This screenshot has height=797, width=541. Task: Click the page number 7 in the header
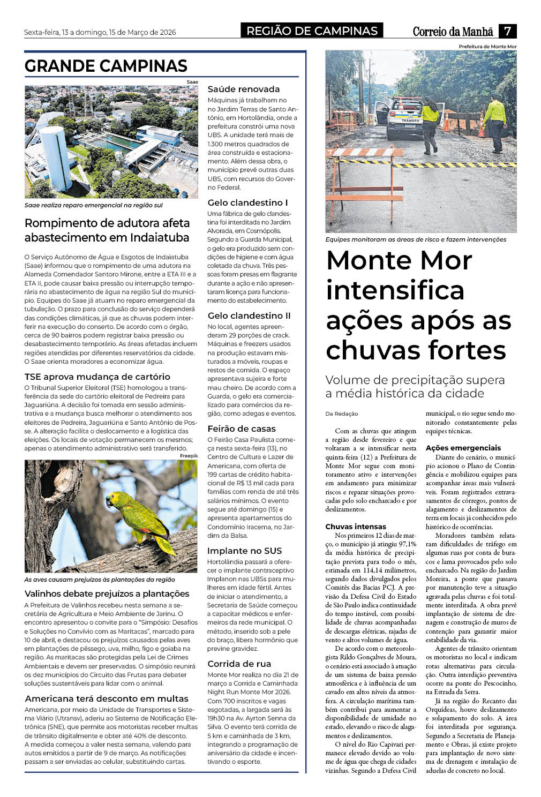point(507,31)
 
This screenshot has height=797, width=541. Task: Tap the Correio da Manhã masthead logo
point(453,32)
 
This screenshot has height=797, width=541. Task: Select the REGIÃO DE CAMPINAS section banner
point(312,31)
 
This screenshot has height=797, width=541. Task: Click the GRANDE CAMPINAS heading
point(106,66)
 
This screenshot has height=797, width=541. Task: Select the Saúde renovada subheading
point(243,89)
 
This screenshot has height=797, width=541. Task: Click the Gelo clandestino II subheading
point(249,316)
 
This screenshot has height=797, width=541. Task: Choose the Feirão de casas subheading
point(242,429)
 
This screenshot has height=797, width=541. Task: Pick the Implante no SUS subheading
point(244,551)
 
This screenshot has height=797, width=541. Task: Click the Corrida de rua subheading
point(239,664)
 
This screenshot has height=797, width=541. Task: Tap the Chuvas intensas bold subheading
point(356,527)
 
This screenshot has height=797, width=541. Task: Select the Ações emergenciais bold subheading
point(463,448)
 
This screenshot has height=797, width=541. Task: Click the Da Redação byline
point(342,413)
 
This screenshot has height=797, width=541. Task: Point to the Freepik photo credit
point(189,456)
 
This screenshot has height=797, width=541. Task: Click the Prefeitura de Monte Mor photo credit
point(487,47)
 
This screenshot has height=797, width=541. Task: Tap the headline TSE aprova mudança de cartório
point(97,377)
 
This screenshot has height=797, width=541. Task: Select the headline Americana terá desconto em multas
point(107,699)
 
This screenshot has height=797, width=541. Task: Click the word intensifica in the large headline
point(395,290)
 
